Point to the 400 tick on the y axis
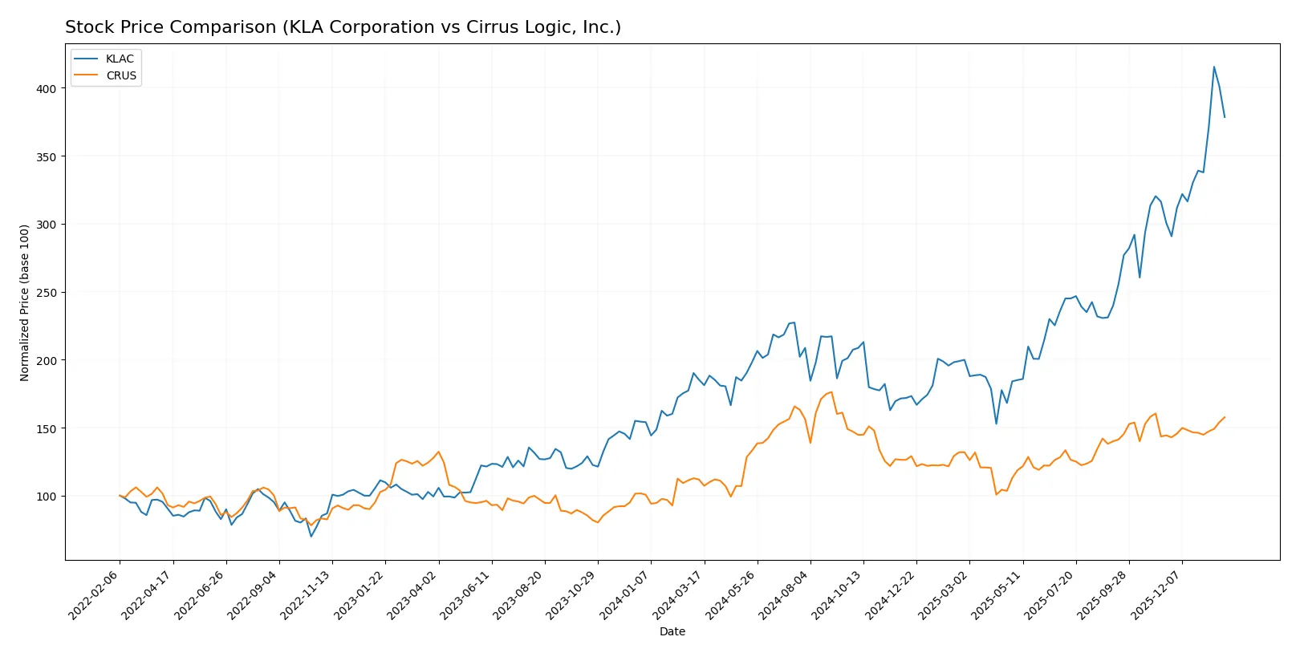click(x=47, y=89)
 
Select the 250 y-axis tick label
click(x=47, y=293)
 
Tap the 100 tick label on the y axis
click(x=47, y=497)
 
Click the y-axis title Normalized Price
click(x=25, y=302)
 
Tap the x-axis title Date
click(x=672, y=631)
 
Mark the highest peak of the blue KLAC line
click(x=1214, y=67)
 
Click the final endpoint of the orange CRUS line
click(x=1225, y=417)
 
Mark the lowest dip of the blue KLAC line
click(x=311, y=536)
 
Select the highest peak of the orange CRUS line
click(x=831, y=392)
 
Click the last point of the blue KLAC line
click(x=1225, y=117)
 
